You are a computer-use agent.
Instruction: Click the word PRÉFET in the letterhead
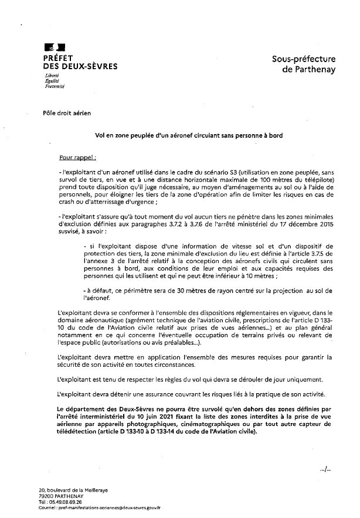tap(58, 58)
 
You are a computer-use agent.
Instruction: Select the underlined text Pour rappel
tap(78, 158)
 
